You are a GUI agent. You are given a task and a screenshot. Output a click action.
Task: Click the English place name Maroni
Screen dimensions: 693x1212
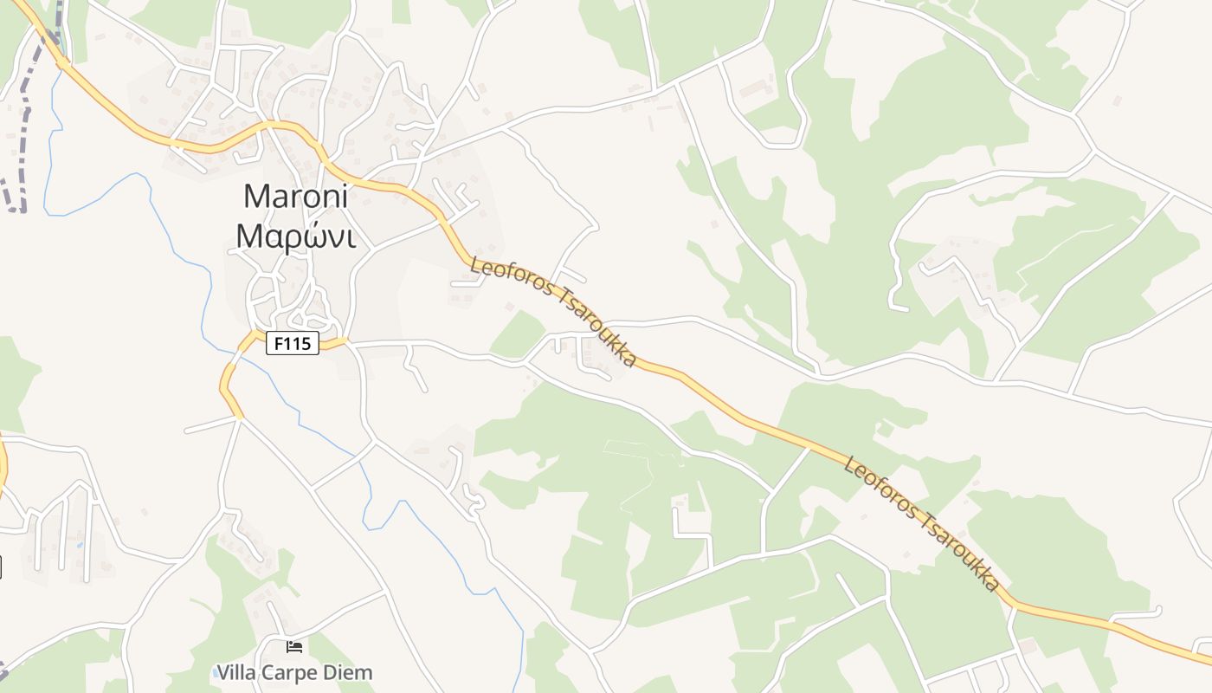[295, 196]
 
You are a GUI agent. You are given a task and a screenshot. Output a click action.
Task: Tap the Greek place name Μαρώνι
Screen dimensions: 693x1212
[295, 236]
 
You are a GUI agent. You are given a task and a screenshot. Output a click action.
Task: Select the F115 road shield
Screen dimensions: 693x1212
[293, 343]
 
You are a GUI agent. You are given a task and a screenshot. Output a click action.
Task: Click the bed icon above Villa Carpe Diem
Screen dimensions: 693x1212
[294, 647]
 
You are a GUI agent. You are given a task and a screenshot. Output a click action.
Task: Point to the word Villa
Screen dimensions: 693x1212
[236, 672]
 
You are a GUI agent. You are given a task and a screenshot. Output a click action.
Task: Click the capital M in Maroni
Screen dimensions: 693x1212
[255, 196]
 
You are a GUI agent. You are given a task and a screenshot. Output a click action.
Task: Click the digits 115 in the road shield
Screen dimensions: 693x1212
[298, 343]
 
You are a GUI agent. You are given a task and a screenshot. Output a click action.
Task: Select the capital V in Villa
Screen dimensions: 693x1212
[222, 672]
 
